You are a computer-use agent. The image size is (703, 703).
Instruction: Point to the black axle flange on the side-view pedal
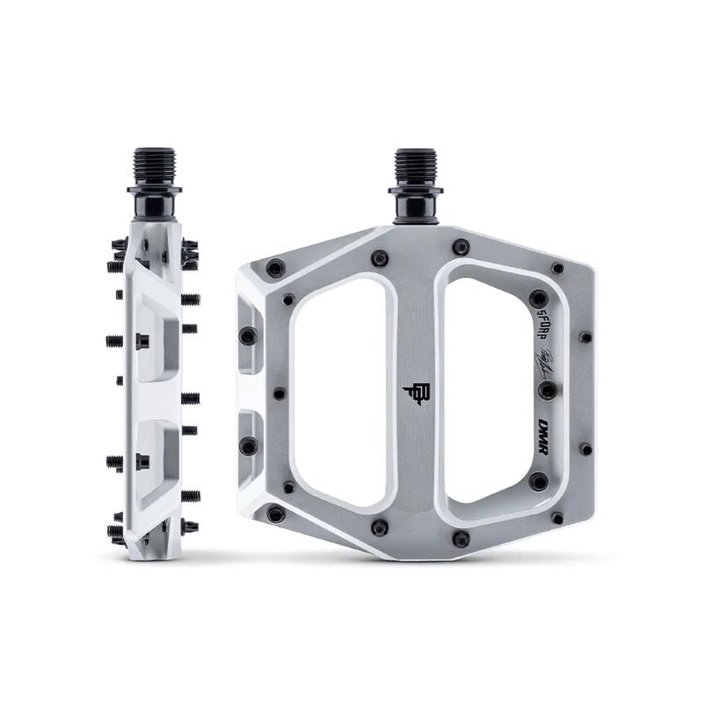(x=155, y=190)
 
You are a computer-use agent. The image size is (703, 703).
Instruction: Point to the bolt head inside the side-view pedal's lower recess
(x=143, y=459)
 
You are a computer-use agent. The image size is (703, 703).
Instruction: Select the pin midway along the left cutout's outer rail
(x=280, y=392)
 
